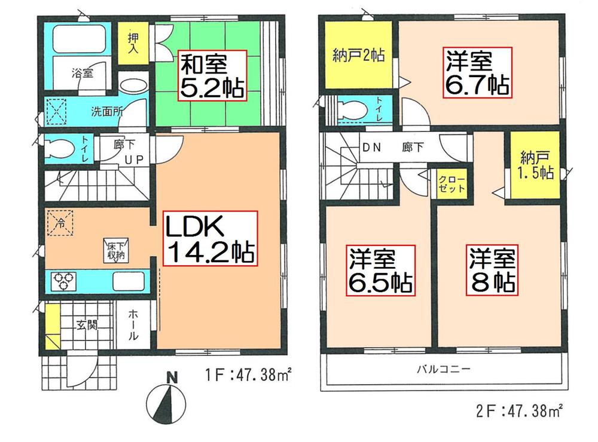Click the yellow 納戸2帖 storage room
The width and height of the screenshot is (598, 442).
click(x=357, y=57)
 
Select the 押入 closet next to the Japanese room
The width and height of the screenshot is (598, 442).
click(x=134, y=44)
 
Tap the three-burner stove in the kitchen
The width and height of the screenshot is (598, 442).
click(x=65, y=281)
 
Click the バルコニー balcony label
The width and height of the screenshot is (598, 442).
click(x=443, y=369)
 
